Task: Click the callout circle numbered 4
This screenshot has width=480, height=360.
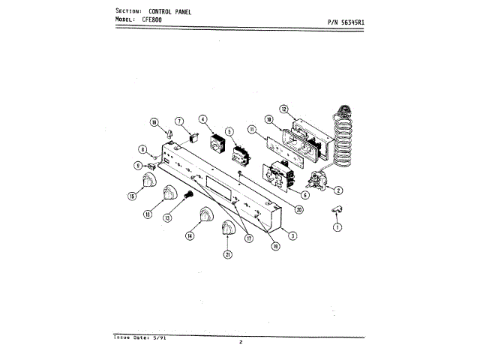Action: [x=202, y=118]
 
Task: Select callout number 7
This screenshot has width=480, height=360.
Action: [x=179, y=121]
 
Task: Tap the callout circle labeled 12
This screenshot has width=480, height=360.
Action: [x=284, y=109]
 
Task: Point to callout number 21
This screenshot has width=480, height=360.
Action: [x=227, y=254]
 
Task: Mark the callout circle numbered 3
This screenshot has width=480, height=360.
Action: [x=293, y=235]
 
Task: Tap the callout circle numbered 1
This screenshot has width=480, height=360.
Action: [x=337, y=227]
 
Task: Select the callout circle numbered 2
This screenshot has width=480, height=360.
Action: [x=339, y=190]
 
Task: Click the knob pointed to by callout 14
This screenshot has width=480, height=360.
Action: [x=203, y=218]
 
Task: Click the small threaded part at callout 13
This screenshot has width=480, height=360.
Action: [x=188, y=196]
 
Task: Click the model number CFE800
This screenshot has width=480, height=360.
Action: [x=151, y=19]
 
